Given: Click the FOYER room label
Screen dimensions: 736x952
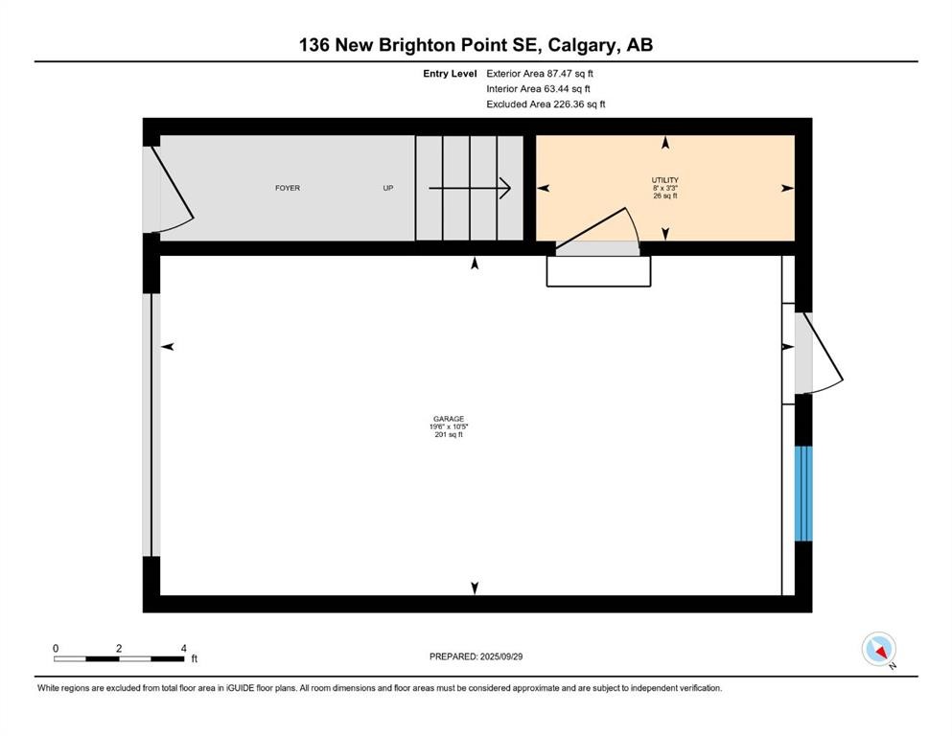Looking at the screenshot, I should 288,188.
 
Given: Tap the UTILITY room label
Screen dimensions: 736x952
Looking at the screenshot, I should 665,180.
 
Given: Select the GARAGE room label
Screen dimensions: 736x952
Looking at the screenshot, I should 448,419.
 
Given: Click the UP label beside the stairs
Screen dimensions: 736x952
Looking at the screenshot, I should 388,188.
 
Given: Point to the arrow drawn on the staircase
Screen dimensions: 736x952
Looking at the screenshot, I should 469,188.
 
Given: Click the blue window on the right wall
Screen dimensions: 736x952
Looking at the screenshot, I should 803,494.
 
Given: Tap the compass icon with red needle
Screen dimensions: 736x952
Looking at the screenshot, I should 878,649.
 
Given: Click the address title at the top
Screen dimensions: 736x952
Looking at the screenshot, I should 476,44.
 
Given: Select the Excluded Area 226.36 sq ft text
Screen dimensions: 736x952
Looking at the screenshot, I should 546,103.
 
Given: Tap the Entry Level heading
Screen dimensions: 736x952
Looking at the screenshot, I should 450,73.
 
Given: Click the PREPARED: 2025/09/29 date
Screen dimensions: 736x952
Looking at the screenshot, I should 476,656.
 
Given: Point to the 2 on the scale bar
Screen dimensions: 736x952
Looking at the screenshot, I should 119,648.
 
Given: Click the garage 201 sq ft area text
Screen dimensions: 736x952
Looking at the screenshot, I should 448,435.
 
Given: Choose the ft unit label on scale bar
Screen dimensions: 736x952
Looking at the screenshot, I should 194,659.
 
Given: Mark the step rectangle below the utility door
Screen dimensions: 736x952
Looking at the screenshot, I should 599,271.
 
